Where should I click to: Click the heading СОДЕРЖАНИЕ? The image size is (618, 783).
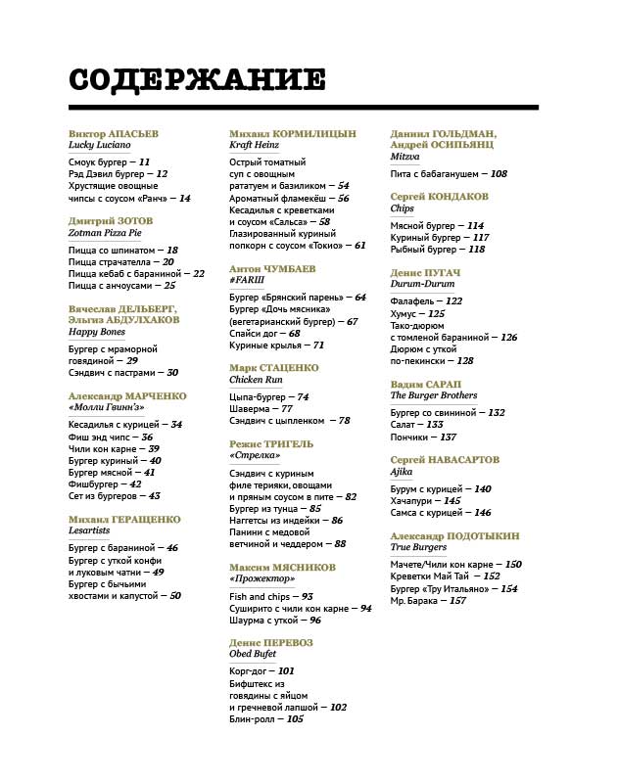tap(197, 80)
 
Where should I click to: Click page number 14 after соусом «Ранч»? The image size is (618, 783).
tap(184, 198)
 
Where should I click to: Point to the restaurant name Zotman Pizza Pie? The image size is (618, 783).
tap(105, 233)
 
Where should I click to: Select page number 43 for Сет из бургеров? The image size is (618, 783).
tap(154, 495)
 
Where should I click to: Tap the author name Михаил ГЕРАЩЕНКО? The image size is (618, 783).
tap(124, 518)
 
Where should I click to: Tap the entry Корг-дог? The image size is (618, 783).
tap(250, 671)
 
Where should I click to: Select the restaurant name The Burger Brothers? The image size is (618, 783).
tap(434, 396)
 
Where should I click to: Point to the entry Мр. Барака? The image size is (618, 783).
tap(417, 600)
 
